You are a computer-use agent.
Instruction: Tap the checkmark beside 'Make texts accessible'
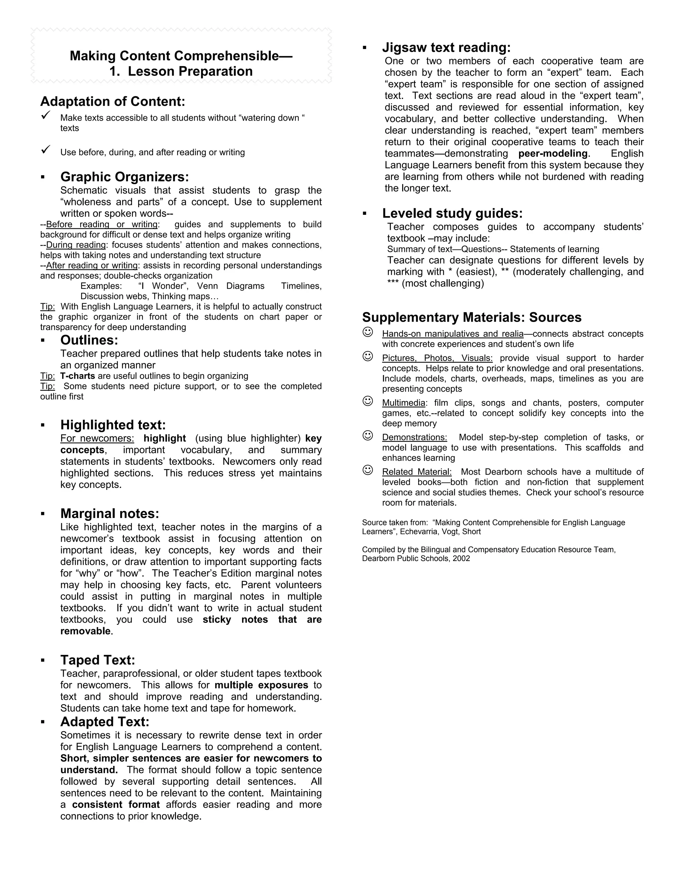[46, 116]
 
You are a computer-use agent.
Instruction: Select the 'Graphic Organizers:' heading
[124, 177]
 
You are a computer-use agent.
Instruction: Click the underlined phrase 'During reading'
[76, 245]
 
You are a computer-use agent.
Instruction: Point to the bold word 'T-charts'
[77, 376]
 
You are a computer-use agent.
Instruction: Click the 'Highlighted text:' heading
[113, 425]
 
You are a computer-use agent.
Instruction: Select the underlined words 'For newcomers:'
[97, 438]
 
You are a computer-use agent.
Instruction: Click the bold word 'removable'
[85, 631]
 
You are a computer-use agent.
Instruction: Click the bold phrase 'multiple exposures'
[262, 685]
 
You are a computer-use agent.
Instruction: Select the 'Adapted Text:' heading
[105, 722]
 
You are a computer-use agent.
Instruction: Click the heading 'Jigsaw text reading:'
[446, 47]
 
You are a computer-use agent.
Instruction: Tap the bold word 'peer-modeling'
[553, 154]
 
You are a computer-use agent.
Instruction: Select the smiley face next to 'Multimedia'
[367, 401]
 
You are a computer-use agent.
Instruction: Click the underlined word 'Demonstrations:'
[414, 437]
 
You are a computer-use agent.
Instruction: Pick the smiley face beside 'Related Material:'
[367, 470]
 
